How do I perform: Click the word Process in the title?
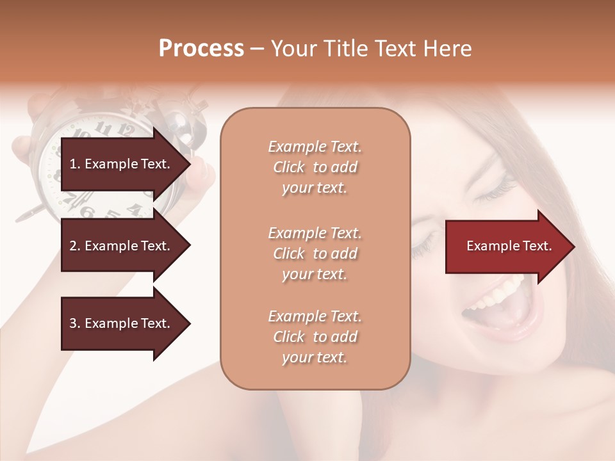(201, 49)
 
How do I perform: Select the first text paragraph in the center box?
(315, 167)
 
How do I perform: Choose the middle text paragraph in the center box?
(315, 254)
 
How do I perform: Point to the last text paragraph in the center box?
(315, 337)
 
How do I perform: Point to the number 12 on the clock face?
(126, 131)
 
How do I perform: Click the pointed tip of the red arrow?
(573, 247)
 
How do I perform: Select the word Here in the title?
(448, 49)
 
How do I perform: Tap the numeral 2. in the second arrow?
(74, 246)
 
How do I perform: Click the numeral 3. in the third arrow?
(74, 323)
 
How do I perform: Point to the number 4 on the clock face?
(133, 209)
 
